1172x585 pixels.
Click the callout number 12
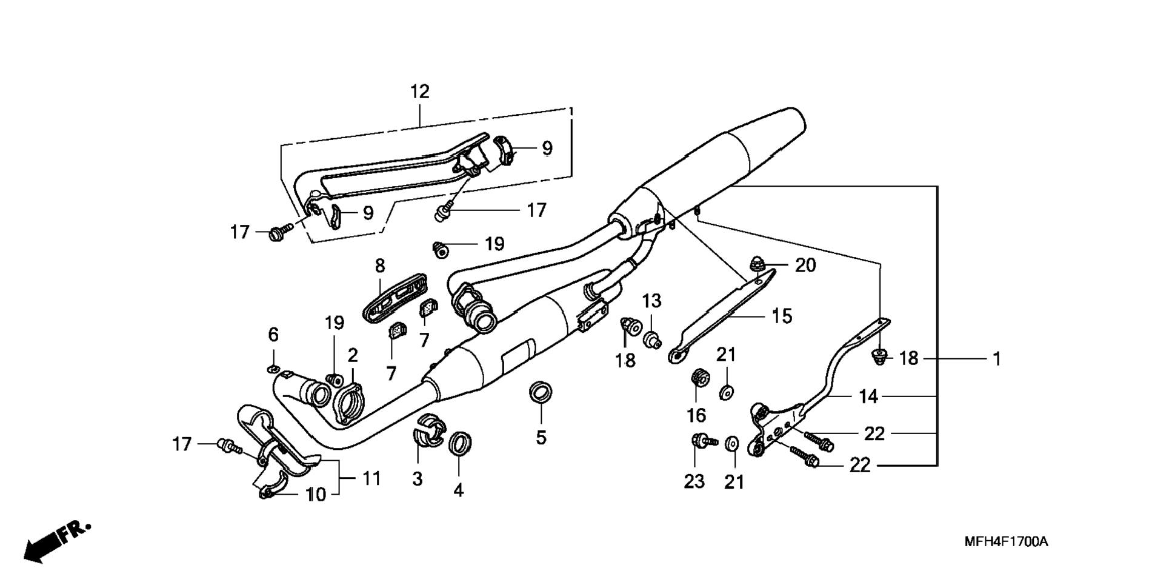[419, 92]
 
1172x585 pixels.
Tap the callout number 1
[996, 359]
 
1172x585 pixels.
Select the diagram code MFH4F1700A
[1006, 541]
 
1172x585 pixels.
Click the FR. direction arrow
[57, 541]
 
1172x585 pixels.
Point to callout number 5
[541, 437]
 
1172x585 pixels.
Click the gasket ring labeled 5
[541, 392]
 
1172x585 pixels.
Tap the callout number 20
[805, 265]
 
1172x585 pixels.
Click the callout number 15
[782, 316]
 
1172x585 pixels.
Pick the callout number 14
[868, 396]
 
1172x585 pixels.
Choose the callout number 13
[652, 301]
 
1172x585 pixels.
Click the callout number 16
[696, 415]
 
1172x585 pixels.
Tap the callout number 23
[694, 481]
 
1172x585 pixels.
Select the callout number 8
[380, 266]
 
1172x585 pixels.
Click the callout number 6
[273, 334]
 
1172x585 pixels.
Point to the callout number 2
[352, 355]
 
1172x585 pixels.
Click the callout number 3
[417, 479]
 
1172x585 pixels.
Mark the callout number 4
[459, 490]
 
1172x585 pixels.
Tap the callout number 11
[371, 478]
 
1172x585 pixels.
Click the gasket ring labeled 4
[461, 443]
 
